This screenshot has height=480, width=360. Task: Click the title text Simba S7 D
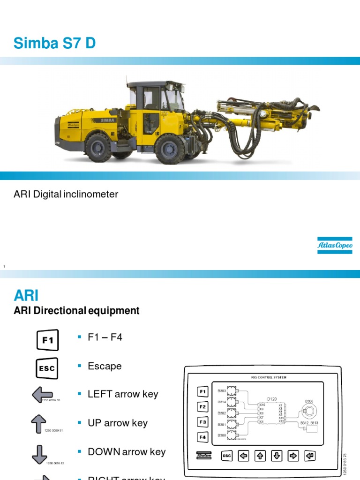pyautogui.click(x=55, y=43)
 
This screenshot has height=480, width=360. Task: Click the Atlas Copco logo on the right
pyautogui.click(x=335, y=245)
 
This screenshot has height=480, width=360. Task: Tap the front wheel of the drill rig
pyautogui.click(x=169, y=149)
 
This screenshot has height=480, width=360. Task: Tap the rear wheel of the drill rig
pyautogui.click(x=98, y=148)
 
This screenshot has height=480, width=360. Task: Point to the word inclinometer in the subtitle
pyautogui.click(x=91, y=194)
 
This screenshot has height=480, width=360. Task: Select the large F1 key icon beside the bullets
pyautogui.click(x=47, y=340)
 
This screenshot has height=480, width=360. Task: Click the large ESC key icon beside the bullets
pyautogui.click(x=47, y=368)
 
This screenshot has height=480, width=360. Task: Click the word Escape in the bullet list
pyautogui.click(x=105, y=366)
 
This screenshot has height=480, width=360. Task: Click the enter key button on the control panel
pyautogui.click(x=310, y=455)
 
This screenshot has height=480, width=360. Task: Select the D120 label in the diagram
pyautogui.click(x=272, y=399)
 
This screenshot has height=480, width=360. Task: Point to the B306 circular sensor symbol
pyautogui.click(x=309, y=411)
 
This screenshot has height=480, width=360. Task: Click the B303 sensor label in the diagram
pyautogui.click(x=222, y=390)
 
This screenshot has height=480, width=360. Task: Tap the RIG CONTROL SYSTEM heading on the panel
pyautogui.click(x=269, y=377)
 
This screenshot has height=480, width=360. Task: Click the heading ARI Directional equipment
pyautogui.click(x=77, y=311)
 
